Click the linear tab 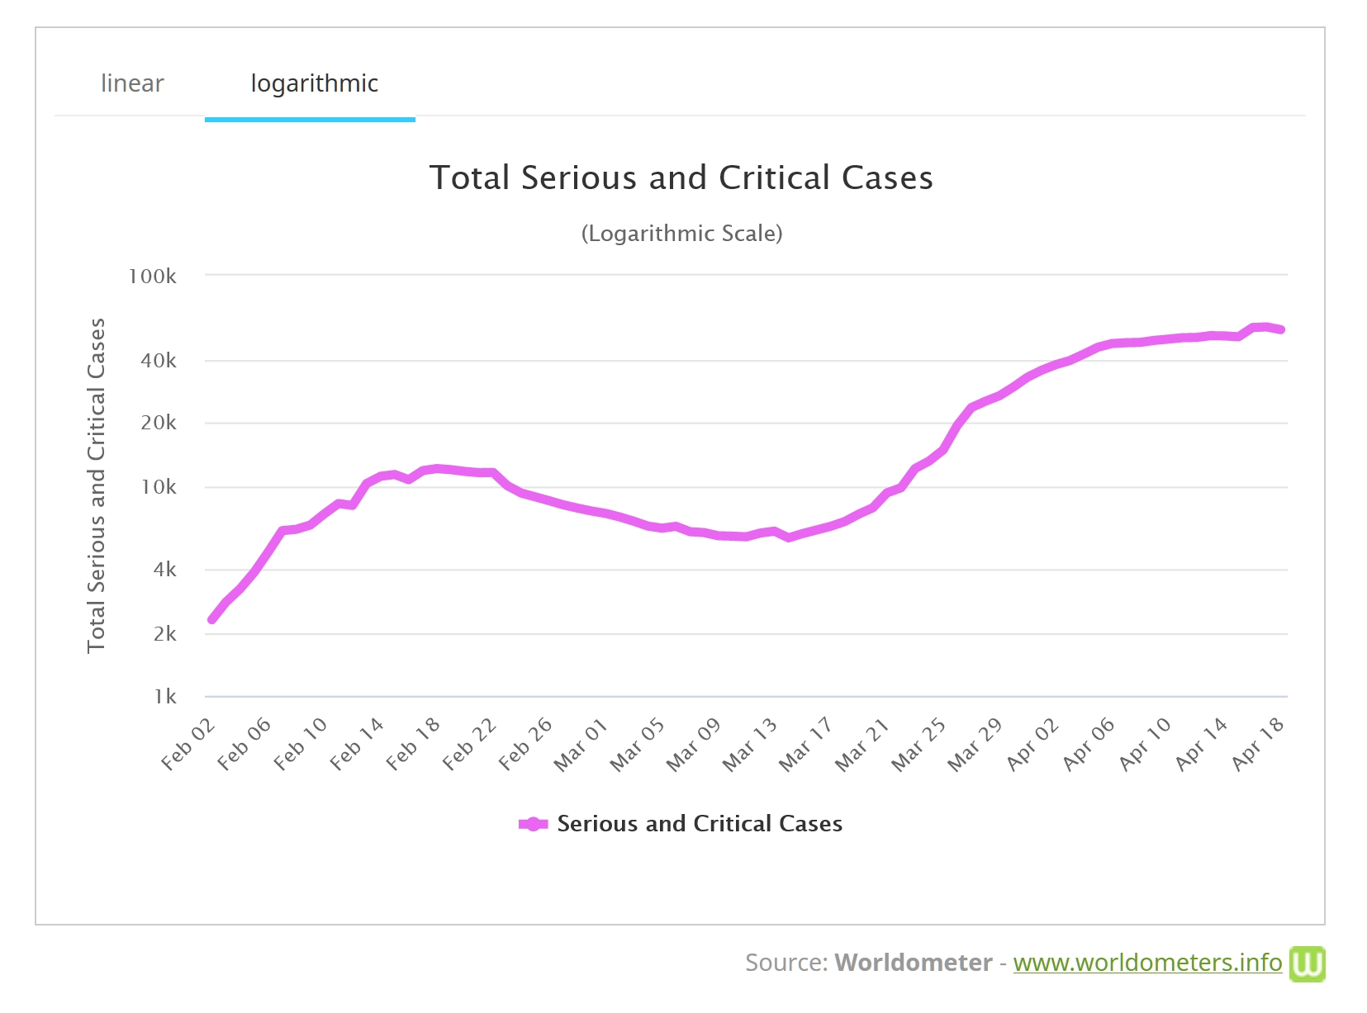(x=132, y=83)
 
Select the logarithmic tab (x=314, y=83)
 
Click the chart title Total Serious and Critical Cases (x=681, y=178)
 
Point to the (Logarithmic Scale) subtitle (x=681, y=234)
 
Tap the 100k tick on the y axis (x=152, y=277)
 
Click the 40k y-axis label (x=158, y=361)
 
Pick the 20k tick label (x=158, y=423)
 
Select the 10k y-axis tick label (x=158, y=487)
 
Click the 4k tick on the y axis (x=164, y=570)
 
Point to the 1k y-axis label (x=165, y=697)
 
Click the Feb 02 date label (x=188, y=745)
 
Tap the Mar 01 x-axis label (x=581, y=745)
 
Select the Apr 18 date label (x=1258, y=745)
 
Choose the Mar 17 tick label (x=805, y=745)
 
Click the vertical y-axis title (x=97, y=485)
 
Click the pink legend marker (x=533, y=824)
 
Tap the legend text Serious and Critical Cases (x=700, y=824)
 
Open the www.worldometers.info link (x=1147, y=963)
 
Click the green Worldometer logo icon (x=1307, y=963)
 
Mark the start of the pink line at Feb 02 (x=212, y=619)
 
